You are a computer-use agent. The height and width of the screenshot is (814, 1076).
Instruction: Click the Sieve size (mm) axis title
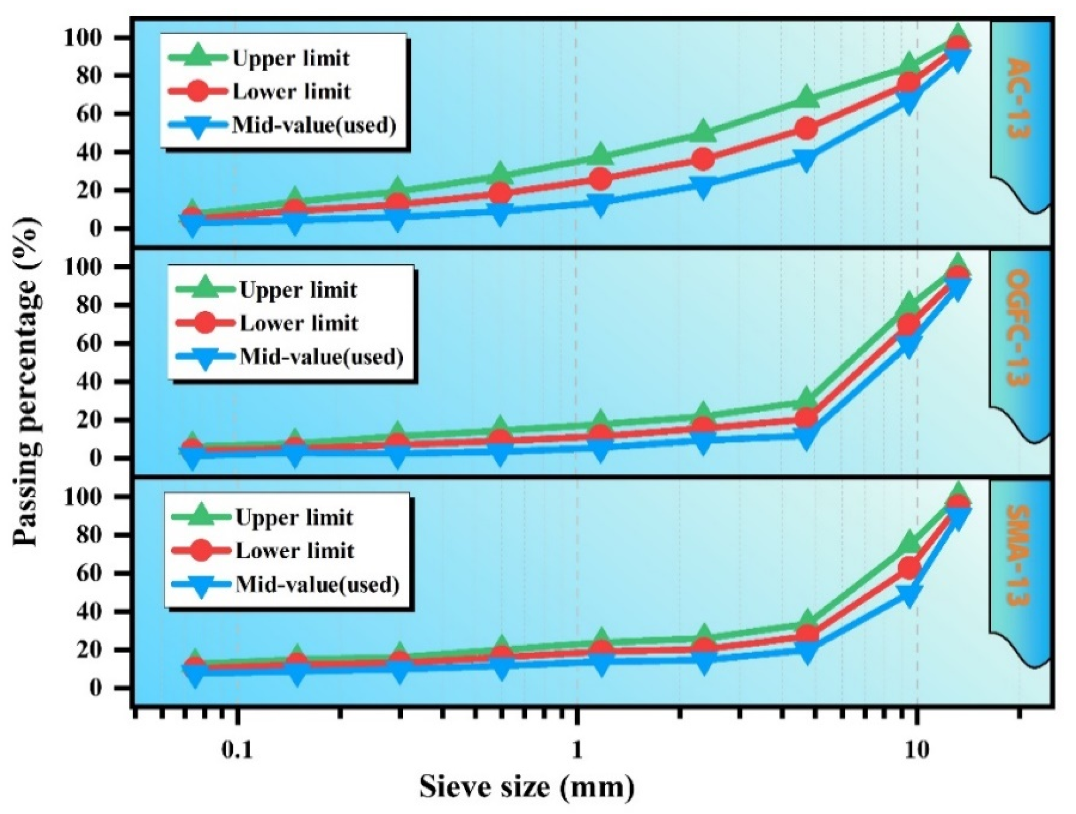527,786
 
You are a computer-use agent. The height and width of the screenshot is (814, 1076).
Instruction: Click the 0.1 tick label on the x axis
237,750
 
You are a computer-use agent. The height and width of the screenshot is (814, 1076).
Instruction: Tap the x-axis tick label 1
576,750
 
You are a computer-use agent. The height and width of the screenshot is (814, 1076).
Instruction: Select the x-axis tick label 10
917,750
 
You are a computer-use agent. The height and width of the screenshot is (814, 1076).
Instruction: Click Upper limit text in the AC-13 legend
291,58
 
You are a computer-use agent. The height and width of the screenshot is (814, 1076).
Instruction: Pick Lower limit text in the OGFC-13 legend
298,324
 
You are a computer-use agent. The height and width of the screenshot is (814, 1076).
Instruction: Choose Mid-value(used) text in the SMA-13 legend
317,584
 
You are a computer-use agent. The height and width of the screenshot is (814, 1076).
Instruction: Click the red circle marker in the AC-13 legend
197,92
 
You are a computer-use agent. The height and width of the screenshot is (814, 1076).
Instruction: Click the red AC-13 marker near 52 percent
806,129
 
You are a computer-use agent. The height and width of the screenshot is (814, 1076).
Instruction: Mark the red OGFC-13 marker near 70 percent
909,324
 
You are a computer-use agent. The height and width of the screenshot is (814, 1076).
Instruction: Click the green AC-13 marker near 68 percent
806,97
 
